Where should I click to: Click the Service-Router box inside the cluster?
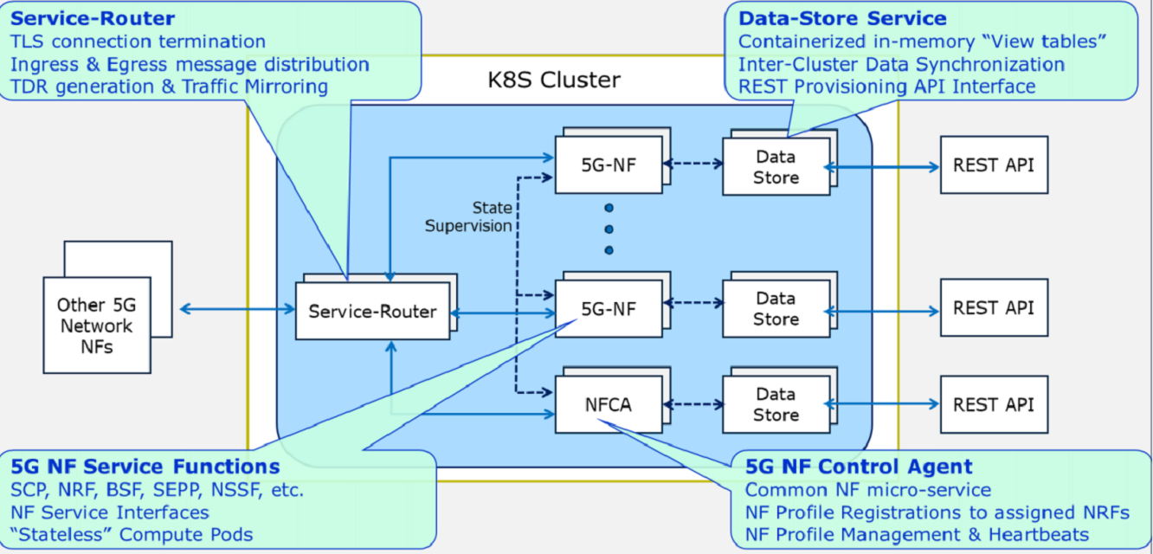point(372,311)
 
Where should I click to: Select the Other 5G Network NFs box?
point(95,325)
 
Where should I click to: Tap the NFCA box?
point(608,404)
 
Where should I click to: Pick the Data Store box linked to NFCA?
point(776,404)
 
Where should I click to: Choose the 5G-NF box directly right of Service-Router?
point(608,307)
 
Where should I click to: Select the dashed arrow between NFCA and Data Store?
point(692,403)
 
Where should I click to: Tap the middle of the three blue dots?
point(609,229)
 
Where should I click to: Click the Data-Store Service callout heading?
point(842,18)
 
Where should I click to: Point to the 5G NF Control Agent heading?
point(859,467)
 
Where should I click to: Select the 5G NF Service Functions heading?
point(145,467)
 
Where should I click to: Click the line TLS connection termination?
point(138,41)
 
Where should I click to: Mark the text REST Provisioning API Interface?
point(886,86)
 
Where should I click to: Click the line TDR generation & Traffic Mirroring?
point(169,86)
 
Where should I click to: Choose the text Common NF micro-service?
point(868,490)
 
